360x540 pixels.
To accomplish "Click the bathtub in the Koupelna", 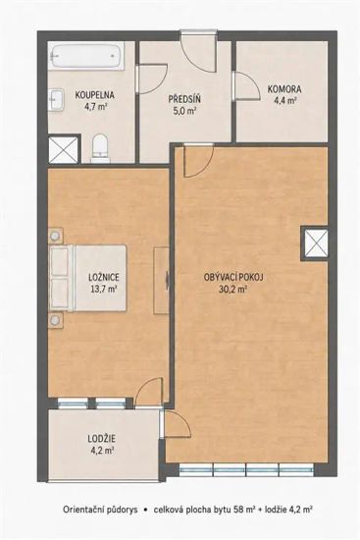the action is tap(86, 56).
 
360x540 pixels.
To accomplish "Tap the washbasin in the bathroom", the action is tap(56, 100).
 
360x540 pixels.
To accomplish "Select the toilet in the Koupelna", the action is tap(100, 149).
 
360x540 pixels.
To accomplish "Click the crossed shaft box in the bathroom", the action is tap(64, 150).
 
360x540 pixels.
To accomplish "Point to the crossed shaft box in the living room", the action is tap(316, 243).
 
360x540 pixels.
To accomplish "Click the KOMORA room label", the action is tap(284, 89).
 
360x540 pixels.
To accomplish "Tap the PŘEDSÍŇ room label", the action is tap(184, 99).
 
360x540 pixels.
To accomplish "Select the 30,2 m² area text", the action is tap(232, 290).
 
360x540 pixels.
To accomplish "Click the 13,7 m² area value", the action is tap(103, 289).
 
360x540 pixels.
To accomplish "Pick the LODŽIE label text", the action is tap(102, 439).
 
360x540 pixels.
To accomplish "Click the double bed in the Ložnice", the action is tap(89, 278).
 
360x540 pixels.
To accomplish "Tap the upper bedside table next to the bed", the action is tap(55, 237).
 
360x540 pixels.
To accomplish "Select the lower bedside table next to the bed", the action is tap(55, 321).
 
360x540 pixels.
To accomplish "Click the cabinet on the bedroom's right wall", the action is tap(161, 281).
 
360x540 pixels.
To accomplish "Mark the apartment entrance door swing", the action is tap(199, 52).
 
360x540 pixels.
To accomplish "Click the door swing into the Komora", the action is tap(246, 86).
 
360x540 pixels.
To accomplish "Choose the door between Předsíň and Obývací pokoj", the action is tap(198, 160).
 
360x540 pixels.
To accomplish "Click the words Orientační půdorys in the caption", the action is tap(100, 510).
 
